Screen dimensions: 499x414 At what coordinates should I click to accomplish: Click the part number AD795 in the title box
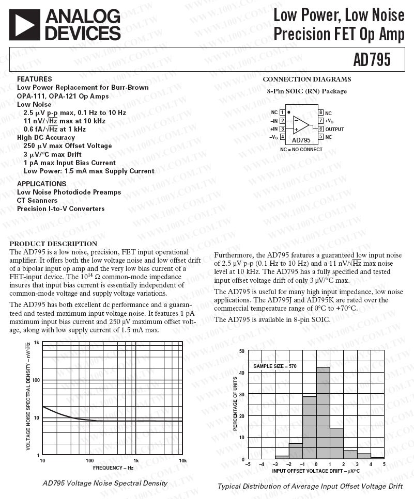click(x=372, y=60)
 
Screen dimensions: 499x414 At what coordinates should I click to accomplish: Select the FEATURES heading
click(x=34, y=79)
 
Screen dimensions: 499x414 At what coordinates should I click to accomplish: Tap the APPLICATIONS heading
click(x=41, y=184)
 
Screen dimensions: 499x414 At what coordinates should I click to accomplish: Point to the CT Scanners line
click(x=37, y=200)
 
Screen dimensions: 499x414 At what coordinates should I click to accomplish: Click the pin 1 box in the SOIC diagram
click(x=282, y=112)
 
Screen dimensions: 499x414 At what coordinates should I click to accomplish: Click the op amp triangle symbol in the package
click(x=301, y=125)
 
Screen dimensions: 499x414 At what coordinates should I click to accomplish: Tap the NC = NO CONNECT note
click(x=301, y=150)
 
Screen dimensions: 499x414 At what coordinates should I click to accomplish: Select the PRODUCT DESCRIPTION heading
click(x=53, y=244)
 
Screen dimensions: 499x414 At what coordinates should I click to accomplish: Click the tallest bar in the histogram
click(x=323, y=412)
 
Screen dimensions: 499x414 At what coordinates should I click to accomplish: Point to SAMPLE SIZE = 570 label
click(x=275, y=366)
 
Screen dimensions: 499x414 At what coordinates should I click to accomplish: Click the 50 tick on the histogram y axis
click(x=242, y=351)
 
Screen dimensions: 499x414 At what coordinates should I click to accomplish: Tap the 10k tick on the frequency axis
click(x=182, y=460)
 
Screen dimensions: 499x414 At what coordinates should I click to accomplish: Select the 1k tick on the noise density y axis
click(x=37, y=343)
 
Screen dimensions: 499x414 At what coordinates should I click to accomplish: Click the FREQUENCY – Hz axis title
click(x=113, y=468)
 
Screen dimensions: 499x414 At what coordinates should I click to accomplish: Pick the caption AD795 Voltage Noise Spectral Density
click(x=105, y=484)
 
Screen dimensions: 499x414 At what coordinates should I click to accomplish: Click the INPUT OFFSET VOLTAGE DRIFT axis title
click(x=316, y=471)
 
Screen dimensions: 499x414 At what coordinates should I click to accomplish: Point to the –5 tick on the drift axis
click(x=248, y=464)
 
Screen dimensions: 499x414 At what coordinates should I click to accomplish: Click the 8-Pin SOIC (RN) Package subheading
click(x=306, y=91)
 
